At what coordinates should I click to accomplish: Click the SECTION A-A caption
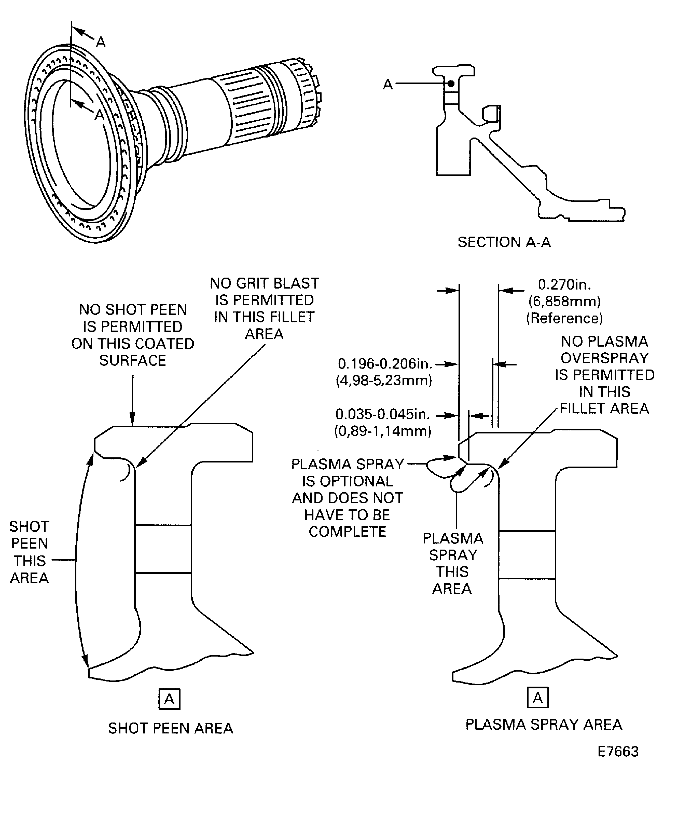(x=504, y=242)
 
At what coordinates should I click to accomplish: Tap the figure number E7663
(x=618, y=751)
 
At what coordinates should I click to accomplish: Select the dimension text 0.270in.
(x=564, y=284)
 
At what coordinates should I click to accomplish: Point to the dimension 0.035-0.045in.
(x=382, y=414)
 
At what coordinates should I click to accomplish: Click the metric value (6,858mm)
(x=564, y=301)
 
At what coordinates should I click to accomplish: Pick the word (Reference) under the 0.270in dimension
(x=564, y=318)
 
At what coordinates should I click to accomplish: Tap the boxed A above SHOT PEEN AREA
(x=169, y=699)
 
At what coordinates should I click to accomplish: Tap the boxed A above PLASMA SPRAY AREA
(x=537, y=697)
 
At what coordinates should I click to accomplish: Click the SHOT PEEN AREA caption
(x=170, y=728)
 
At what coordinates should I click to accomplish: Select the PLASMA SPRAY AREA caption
(x=544, y=725)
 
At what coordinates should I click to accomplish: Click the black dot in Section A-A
(x=451, y=84)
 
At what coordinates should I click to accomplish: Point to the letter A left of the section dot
(x=388, y=84)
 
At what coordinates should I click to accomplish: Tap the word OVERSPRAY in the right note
(x=604, y=358)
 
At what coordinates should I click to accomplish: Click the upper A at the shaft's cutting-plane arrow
(x=101, y=42)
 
